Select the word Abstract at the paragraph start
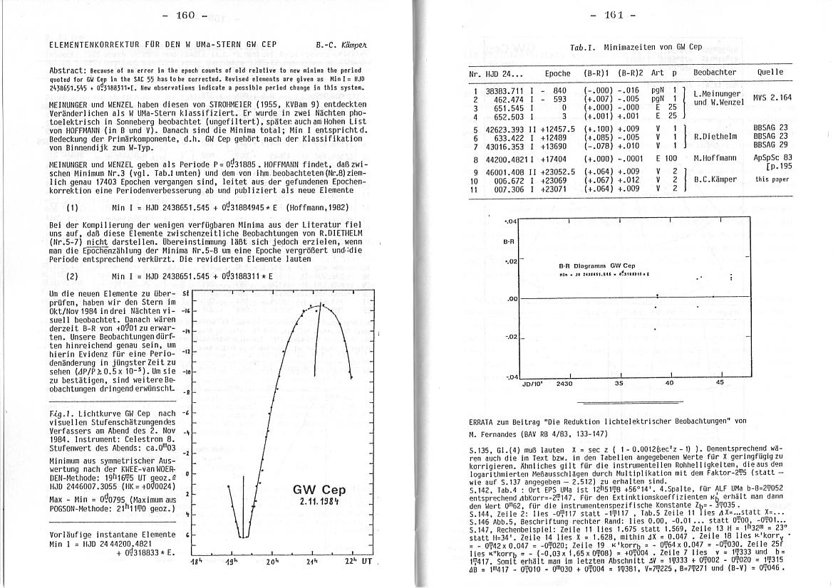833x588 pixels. coord(68,71)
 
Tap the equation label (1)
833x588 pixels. coord(72,209)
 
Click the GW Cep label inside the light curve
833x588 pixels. coord(319,490)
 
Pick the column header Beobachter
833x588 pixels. coord(715,73)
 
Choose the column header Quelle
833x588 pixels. coord(770,72)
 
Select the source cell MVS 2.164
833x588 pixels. coord(772,98)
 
